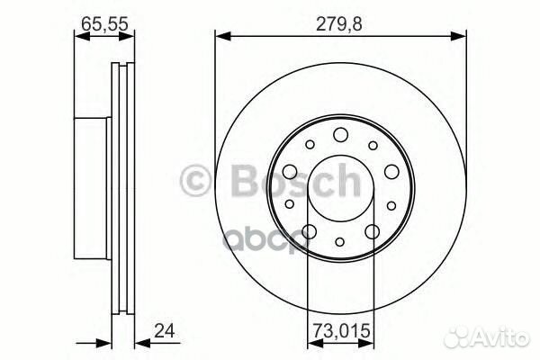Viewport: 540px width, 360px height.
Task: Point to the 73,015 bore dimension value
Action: click(x=340, y=330)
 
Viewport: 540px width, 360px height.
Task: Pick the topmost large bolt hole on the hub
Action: click(x=340, y=135)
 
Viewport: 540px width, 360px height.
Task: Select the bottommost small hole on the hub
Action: click(x=340, y=241)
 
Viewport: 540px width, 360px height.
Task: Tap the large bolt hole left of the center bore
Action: click(x=290, y=174)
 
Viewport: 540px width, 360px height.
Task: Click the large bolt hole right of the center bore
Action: click(x=391, y=174)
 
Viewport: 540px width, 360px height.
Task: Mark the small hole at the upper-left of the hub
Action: click(x=309, y=145)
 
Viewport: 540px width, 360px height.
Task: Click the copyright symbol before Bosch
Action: click(x=198, y=180)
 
